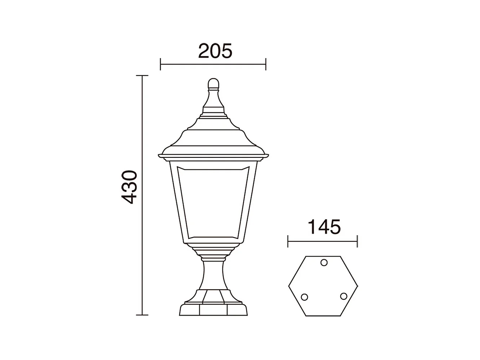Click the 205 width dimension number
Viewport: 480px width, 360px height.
point(215,51)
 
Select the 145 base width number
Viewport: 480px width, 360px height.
point(324,227)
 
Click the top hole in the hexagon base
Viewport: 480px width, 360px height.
point(324,262)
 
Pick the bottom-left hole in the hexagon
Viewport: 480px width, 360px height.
point(304,297)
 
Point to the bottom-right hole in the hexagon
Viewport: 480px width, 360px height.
point(343,296)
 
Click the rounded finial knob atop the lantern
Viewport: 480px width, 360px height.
point(214,84)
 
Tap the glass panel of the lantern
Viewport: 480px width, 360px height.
point(213,202)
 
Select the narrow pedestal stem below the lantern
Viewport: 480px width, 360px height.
point(213,274)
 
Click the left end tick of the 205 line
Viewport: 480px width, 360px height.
point(160,65)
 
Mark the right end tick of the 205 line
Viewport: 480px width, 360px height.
point(266,65)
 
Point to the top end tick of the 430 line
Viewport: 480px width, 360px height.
point(142,76)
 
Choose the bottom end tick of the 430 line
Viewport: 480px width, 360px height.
point(142,315)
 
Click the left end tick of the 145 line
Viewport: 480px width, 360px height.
point(288,241)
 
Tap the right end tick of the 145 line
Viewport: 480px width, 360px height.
point(357,241)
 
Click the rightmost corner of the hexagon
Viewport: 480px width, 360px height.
point(357,286)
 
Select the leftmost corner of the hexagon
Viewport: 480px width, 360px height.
point(289,286)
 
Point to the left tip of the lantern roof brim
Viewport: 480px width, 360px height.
point(159,155)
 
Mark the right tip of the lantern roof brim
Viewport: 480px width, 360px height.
point(268,155)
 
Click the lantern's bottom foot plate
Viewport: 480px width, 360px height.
point(213,311)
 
